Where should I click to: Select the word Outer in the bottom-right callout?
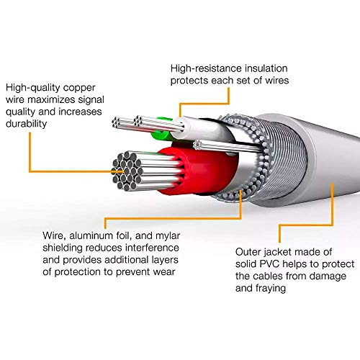click(x=251, y=251)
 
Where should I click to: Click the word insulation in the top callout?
click(x=276, y=68)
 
